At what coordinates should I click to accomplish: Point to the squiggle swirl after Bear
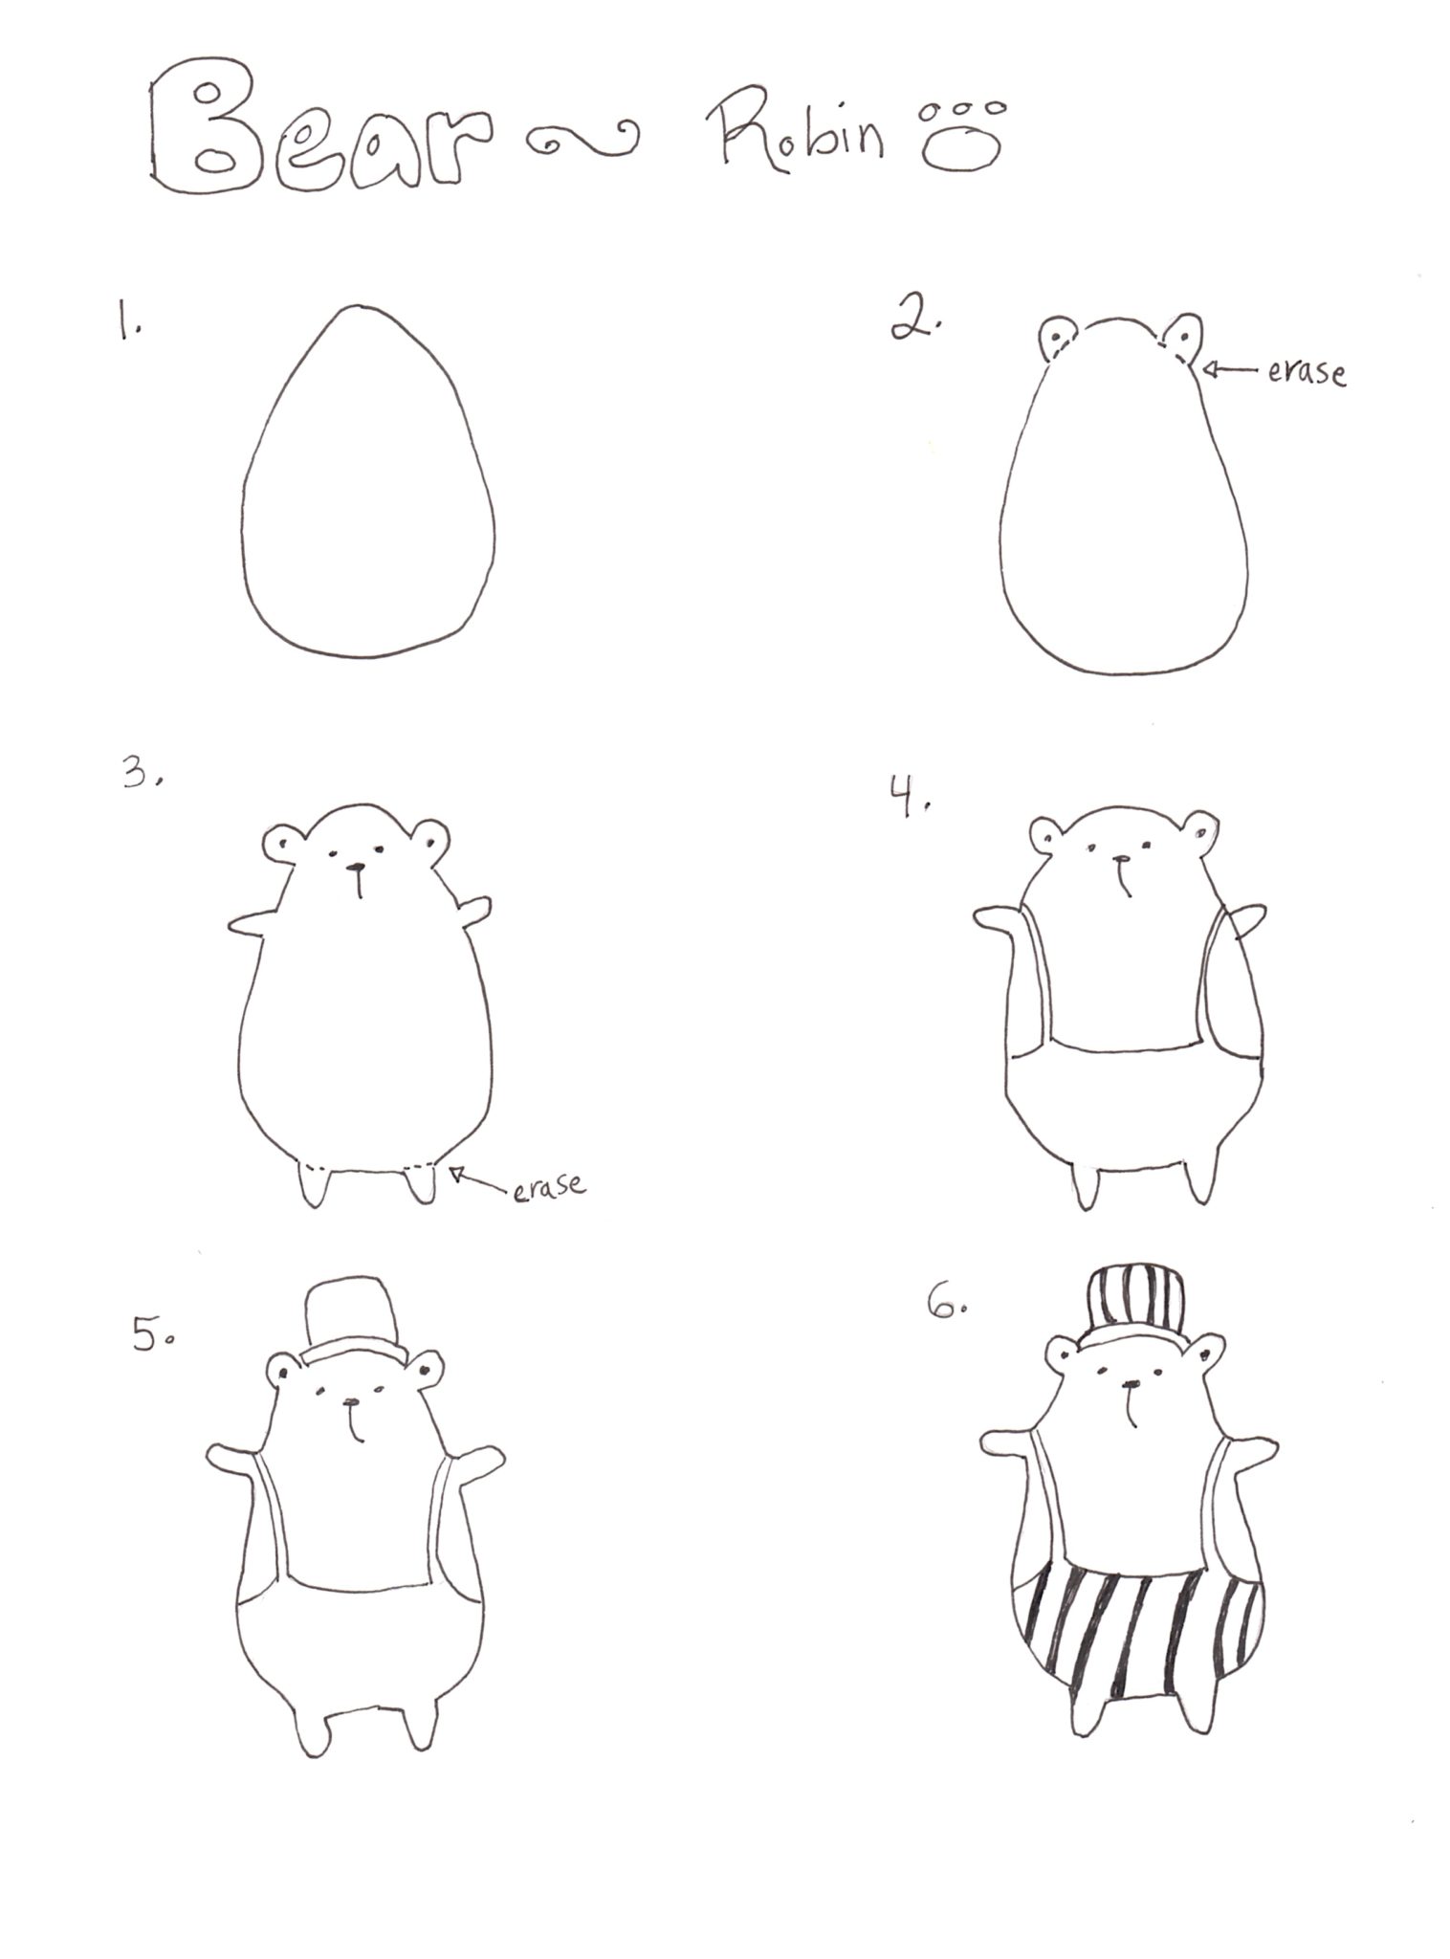pos(581,140)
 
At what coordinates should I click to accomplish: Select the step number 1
pos(128,319)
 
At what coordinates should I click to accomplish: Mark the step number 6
pos(947,1304)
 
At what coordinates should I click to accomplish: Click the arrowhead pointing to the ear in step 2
pos(1209,367)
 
